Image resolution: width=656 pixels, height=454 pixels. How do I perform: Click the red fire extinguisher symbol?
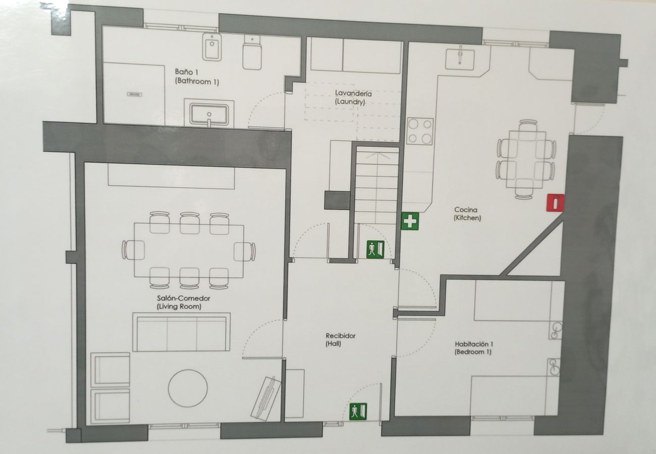point(556,202)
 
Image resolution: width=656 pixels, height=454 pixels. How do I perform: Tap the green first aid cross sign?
point(410,221)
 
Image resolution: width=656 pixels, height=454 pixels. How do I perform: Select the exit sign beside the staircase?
point(375,249)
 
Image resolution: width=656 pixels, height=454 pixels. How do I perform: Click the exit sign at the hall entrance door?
point(358,411)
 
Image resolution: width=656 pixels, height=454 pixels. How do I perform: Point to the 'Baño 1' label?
point(184,72)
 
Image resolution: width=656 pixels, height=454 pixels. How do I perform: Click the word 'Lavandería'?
point(353,93)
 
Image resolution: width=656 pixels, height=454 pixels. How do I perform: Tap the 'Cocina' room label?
point(466,209)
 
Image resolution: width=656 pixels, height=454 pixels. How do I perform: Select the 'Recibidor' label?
point(341,336)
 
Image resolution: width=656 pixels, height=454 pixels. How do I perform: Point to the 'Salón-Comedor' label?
point(184,298)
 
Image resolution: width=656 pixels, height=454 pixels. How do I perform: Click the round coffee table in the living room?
point(188,388)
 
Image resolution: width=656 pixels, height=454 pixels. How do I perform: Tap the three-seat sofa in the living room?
point(181,332)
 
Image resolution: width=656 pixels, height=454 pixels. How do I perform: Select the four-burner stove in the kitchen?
point(420,131)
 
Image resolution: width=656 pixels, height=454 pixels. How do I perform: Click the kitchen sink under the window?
point(460,59)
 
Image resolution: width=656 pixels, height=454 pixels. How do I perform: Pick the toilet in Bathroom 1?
point(252,52)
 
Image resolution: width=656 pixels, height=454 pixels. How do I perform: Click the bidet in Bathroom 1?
point(212,47)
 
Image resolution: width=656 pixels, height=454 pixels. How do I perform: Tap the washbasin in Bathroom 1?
point(209,114)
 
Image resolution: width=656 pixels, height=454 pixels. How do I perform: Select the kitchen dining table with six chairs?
point(526,159)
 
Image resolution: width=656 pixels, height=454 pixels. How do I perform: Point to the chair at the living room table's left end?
point(133,250)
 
